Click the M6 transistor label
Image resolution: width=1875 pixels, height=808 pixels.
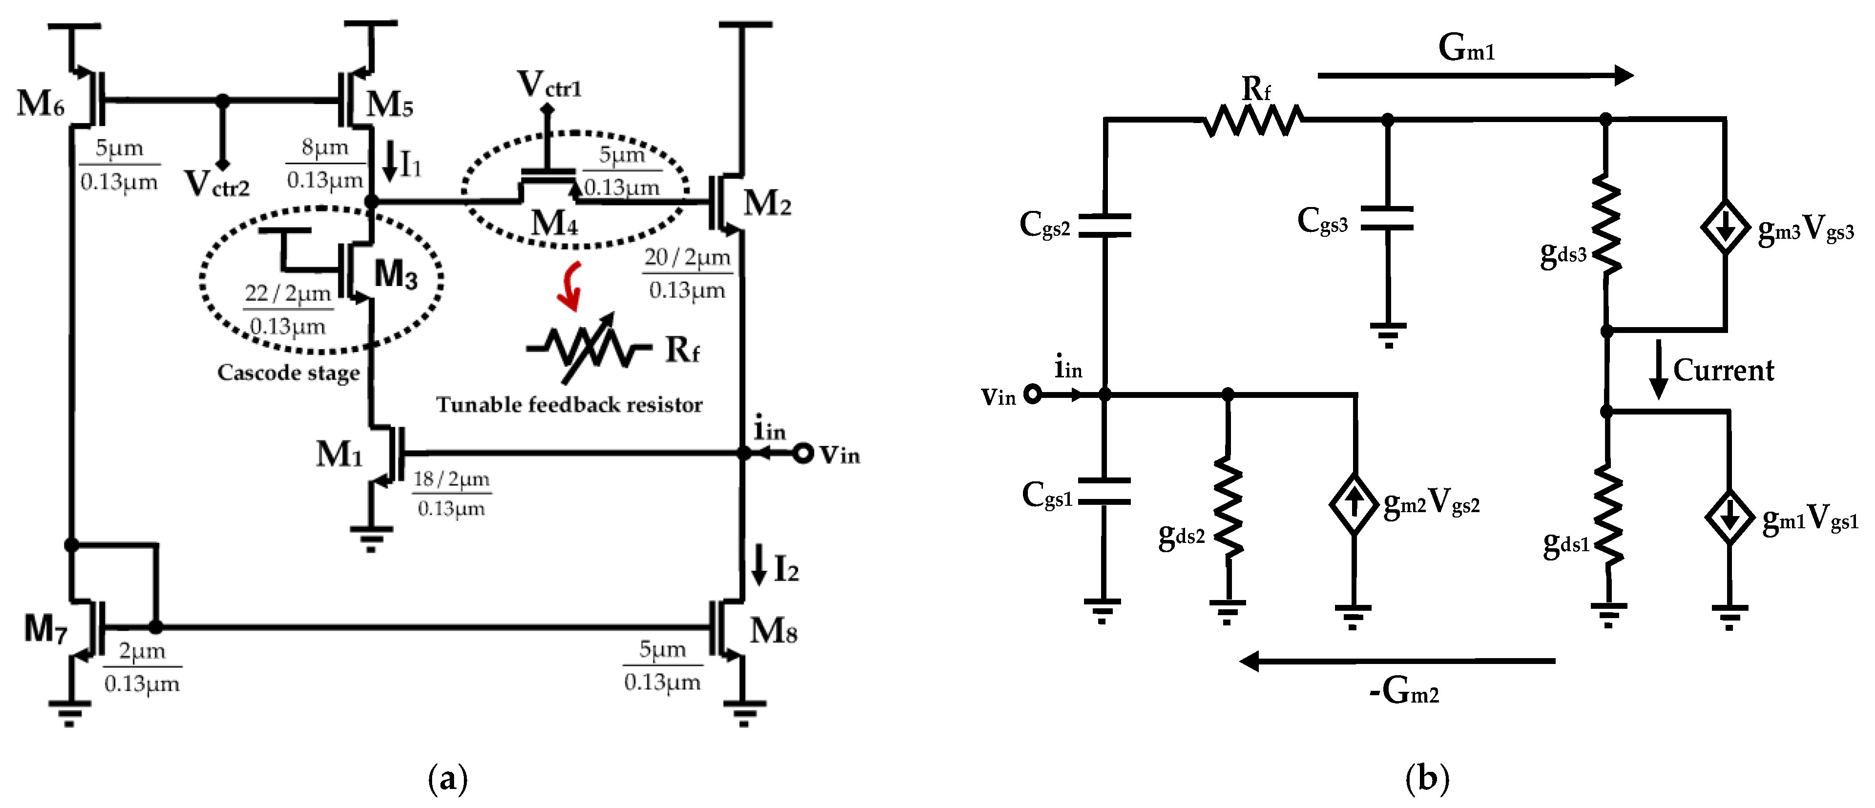tap(41, 104)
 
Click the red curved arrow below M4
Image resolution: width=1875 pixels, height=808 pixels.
tap(571, 286)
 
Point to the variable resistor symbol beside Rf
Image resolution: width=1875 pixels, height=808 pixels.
tap(588, 348)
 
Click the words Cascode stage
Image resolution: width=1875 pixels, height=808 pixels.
tap(288, 373)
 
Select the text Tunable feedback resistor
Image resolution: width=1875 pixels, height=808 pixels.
tap(569, 405)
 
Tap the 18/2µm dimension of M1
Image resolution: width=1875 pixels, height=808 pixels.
tap(451, 479)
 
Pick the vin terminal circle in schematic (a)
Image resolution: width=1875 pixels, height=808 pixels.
tap(802, 454)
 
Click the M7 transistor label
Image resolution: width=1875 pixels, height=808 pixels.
tap(45, 628)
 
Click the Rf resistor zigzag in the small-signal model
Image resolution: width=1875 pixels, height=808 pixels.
tap(1252, 120)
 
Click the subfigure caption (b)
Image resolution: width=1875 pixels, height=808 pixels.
tap(1427, 779)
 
